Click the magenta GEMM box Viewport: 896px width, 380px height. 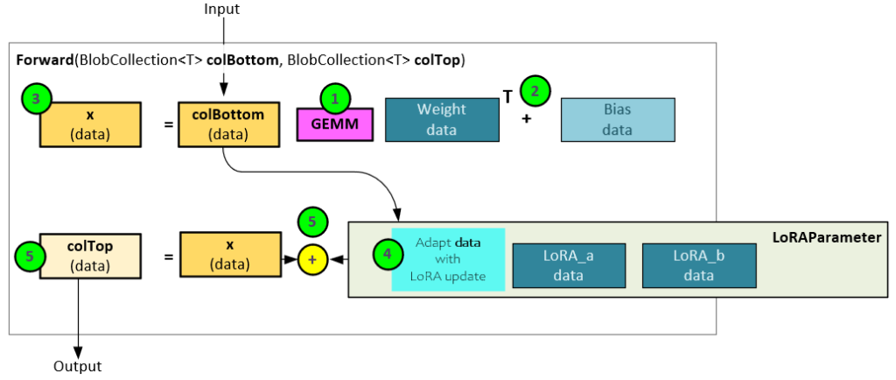click(x=335, y=124)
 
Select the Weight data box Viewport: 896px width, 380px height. click(x=441, y=119)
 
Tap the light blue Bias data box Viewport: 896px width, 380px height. click(x=617, y=119)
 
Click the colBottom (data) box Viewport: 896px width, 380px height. click(x=229, y=124)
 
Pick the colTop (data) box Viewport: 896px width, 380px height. click(x=91, y=255)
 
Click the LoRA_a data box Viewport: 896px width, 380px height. click(x=570, y=264)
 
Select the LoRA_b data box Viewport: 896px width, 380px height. click(x=698, y=264)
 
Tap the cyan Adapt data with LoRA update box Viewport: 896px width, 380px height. click(x=449, y=259)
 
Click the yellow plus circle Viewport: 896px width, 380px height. click(x=313, y=259)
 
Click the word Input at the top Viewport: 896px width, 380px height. click(x=221, y=9)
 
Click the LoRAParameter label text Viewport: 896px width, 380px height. click(x=827, y=237)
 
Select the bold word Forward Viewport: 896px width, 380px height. click(x=45, y=60)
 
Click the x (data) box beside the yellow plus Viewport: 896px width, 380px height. click(x=229, y=255)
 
